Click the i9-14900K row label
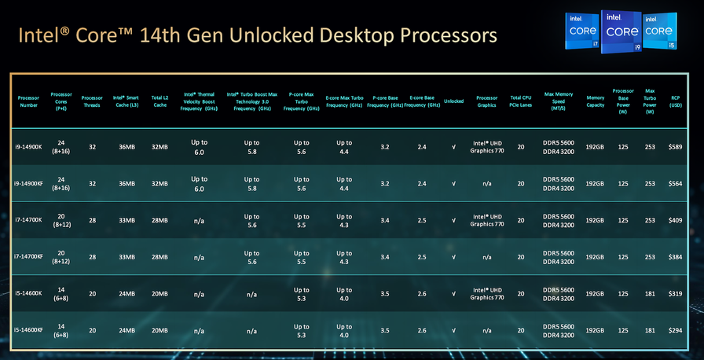point(28,146)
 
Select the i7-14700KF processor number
point(28,257)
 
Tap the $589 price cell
point(675,146)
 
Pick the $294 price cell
point(675,331)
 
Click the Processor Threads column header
point(92,101)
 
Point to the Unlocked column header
point(453,101)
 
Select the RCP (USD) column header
point(675,101)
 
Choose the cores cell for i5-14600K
point(61,294)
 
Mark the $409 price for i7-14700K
point(675,220)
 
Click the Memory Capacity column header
point(595,101)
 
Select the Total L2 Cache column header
point(159,101)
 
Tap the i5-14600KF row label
point(28,331)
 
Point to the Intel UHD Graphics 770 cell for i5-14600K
point(487,294)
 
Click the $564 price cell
point(675,183)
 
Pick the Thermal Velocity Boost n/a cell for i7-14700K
point(200,220)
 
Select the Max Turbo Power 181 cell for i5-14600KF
point(649,331)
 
